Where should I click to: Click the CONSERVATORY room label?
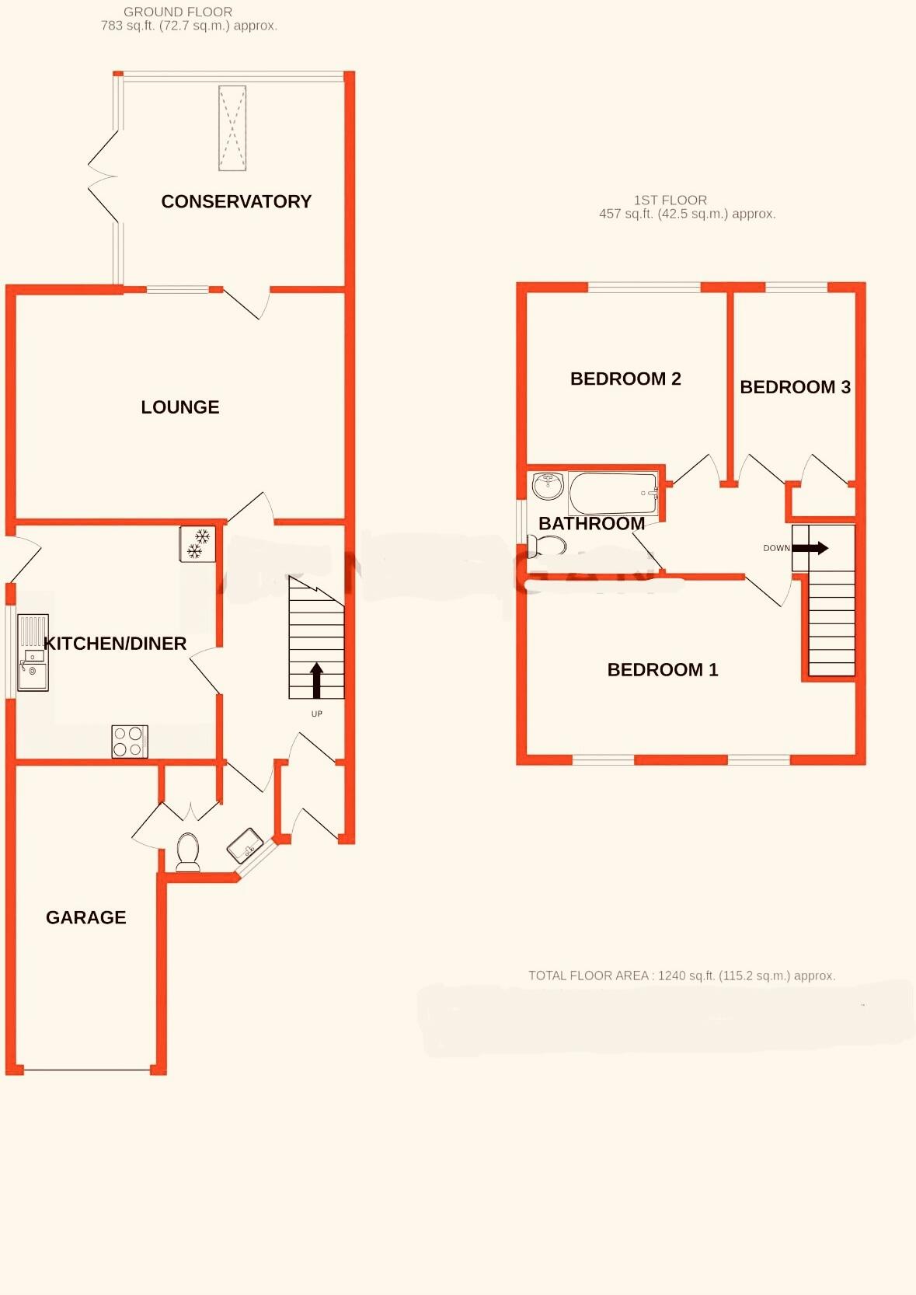click(x=236, y=201)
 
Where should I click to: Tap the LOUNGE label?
click(x=180, y=407)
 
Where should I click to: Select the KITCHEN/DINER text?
click(x=115, y=644)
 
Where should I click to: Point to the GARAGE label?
click(x=86, y=917)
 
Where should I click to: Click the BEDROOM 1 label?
click(x=663, y=670)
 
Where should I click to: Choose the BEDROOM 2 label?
click(x=625, y=379)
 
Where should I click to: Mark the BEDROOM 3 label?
click(x=795, y=387)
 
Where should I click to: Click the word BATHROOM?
click(x=591, y=524)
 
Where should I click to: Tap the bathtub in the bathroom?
click(x=613, y=493)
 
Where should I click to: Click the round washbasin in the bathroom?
click(x=548, y=485)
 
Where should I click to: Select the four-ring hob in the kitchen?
click(x=129, y=742)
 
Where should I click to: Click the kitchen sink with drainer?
click(x=33, y=653)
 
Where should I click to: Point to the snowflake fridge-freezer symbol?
click(x=197, y=543)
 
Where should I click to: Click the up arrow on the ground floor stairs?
click(x=316, y=680)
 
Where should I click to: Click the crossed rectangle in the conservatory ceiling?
click(x=232, y=128)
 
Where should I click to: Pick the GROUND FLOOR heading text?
click(x=178, y=12)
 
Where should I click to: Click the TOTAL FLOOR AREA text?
click(x=681, y=976)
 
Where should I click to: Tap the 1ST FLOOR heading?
click(x=670, y=200)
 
